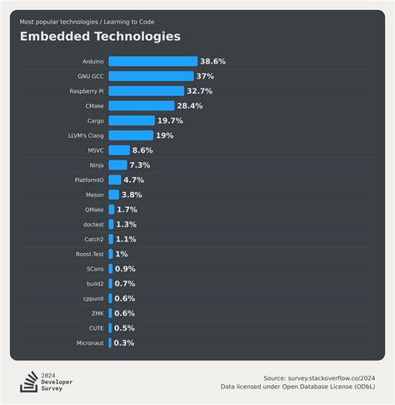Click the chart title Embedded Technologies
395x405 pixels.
pyautogui.click(x=100, y=37)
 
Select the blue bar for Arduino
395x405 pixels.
pyautogui.click(x=152, y=61)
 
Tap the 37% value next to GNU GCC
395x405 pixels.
pyautogui.click(x=205, y=76)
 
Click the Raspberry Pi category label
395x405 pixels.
pyautogui.click(x=87, y=91)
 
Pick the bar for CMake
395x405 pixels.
pyautogui.click(x=141, y=105)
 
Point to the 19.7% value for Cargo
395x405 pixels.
pyautogui.click(x=170, y=120)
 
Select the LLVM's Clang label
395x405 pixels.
pyautogui.click(x=87, y=135)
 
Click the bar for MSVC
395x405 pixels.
pyautogui.click(x=119, y=150)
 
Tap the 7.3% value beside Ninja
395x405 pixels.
pyautogui.click(x=139, y=165)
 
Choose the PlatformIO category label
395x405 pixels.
pyautogui.click(x=90, y=180)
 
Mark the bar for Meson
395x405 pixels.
pyautogui.click(x=113, y=195)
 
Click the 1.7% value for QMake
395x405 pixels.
pyautogui.click(x=127, y=210)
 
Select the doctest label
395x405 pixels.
pyautogui.click(x=93, y=225)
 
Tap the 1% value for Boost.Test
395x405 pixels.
pyautogui.click(x=122, y=254)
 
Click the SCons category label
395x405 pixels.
pyautogui.click(x=95, y=269)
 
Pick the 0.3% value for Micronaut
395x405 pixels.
pyautogui.click(x=124, y=342)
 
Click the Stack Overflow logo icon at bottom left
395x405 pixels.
pyautogui.click(x=29, y=382)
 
